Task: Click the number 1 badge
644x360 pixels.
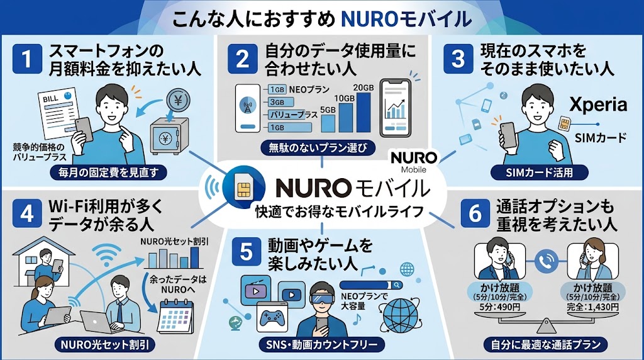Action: pyautogui.click(x=27, y=59)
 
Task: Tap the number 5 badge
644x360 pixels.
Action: pyautogui.click(x=246, y=252)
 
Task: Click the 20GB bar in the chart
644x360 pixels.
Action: pyautogui.click(x=364, y=112)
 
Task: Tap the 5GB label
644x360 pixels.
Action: pyautogui.click(x=328, y=110)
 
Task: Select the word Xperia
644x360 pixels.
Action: pyautogui.click(x=598, y=105)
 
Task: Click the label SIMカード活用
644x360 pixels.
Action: pyautogui.click(x=539, y=172)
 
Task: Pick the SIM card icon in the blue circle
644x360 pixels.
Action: pyautogui.click(x=244, y=188)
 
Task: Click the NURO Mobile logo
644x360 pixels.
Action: pyautogui.click(x=414, y=162)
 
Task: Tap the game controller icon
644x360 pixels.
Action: pyautogui.click(x=272, y=317)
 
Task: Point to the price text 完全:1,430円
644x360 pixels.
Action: pyautogui.click(x=592, y=307)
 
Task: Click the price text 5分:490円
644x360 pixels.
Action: pyautogui.click(x=499, y=307)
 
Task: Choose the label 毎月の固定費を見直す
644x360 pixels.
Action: pyautogui.click(x=108, y=172)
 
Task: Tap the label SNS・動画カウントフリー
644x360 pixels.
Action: pyautogui.click(x=322, y=344)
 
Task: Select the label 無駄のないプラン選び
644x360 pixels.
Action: pyautogui.click(x=318, y=147)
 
